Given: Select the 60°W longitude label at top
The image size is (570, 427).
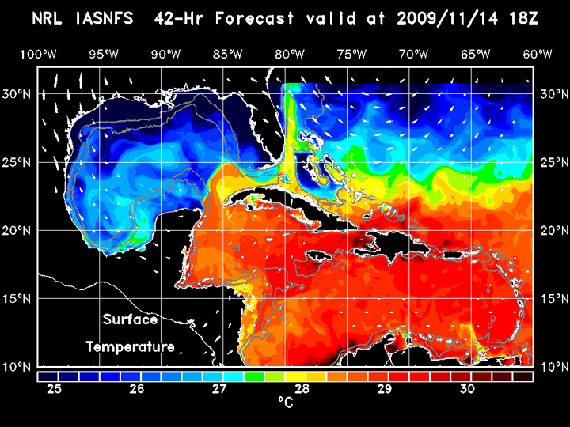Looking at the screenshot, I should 538,54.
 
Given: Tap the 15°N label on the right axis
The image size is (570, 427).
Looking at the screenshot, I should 551,299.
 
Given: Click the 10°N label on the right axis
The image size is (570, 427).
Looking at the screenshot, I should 551,367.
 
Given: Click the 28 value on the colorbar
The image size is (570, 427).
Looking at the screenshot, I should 302,388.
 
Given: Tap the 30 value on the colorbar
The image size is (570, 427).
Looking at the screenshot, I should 467,388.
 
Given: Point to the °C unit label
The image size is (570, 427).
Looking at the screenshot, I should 285,403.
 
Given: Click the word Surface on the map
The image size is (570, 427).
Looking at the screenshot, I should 130,320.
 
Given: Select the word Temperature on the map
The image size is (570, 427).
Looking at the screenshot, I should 130,346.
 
